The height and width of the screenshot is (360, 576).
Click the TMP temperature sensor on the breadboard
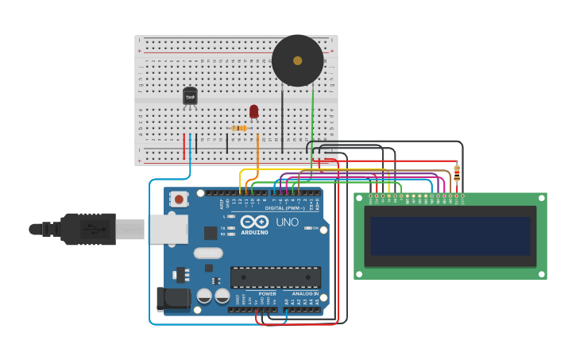pyautogui.click(x=190, y=96)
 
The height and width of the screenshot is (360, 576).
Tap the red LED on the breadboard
pyautogui.click(x=253, y=111)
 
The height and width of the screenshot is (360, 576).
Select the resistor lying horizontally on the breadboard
pyautogui.click(x=239, y=128)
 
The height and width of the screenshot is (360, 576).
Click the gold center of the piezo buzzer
pyautogui.click(x=297, y=60)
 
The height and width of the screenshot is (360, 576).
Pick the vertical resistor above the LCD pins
pyautogui.click(x=456, y=172)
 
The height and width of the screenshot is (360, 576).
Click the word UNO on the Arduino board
pyautogui.click(x=287, y=222)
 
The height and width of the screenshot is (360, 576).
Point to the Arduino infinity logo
pyautogui.click(x=255, y=222)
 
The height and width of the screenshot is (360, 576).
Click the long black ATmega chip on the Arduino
pyautogui.click(x=275, y=277)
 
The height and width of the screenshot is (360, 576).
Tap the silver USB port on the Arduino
pyautogui.click(x=168, y=229)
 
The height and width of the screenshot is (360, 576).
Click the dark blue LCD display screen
pyautogui.click(x=450, y=236)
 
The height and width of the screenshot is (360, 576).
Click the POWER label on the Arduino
pyautogui.click(x=267, y=293)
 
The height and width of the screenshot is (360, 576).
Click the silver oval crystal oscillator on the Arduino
pyautogui.click(x=207, y=254)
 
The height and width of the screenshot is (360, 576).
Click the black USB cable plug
pyautogui.click(x=87, y=229)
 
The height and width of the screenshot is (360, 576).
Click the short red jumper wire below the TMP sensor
pyautogui.click(x=184, y=146)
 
